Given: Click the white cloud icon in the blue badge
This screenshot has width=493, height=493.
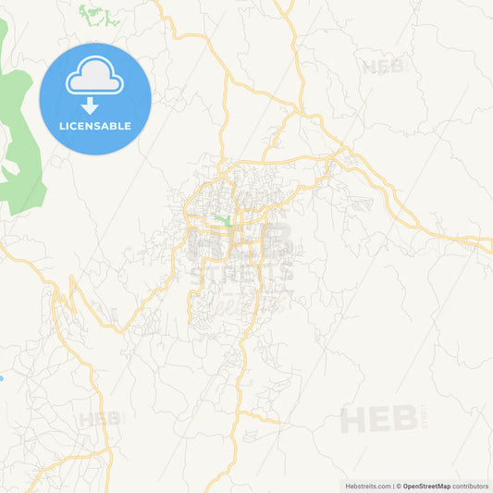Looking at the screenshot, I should [x=94, y=77].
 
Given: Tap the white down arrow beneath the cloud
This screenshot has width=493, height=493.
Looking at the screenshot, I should [x=91, y=105].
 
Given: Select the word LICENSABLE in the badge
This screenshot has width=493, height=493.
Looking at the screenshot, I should [x=95, y=126].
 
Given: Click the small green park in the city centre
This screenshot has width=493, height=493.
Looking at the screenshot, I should [x=222, y=220].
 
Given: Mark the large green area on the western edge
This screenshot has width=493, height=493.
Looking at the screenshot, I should [x=20, y=139].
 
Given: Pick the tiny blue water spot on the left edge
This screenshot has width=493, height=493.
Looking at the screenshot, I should [x=2, y=377].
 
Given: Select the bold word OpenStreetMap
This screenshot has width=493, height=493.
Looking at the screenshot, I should [x=426, y=486].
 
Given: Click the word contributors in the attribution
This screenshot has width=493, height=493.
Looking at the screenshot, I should [x=471, y=486].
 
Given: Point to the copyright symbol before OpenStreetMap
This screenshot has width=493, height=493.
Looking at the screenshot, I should [x=399, y=486].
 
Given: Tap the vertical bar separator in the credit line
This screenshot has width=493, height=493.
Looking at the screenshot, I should [x=392, y=486].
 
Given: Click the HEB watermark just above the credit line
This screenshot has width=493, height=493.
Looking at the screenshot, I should [x=379, y=420].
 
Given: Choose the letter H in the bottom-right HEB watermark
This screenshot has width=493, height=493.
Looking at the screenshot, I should [x=352, y=420].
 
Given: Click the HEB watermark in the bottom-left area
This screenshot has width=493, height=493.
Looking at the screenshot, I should [x=99, y=419].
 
